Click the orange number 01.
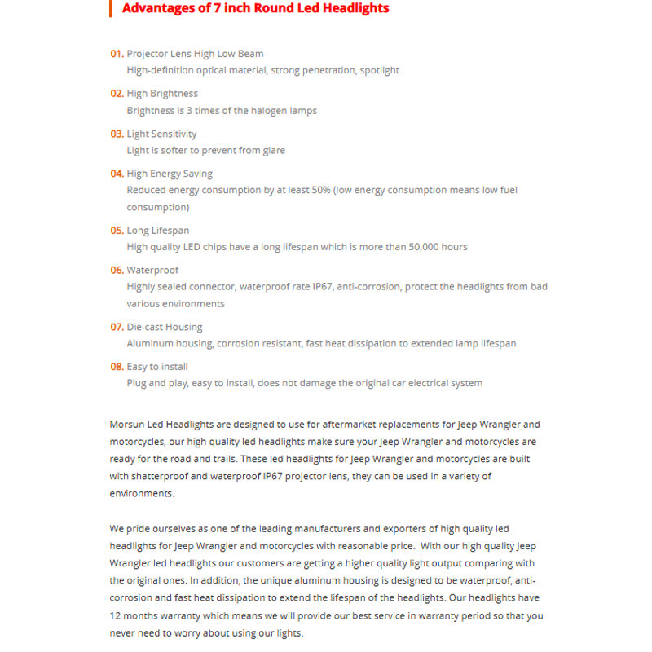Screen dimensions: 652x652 click(x=117, y=54)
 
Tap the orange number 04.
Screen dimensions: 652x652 click(x=117, y=174)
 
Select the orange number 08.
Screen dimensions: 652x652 click(x=117, y=367)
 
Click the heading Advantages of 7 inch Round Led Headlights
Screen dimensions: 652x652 click(x=255, y=8)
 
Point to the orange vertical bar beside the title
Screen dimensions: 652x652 click(x=110, y=8)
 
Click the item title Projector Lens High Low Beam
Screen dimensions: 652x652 click(x=195, y=54)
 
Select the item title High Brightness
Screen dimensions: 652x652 click(x=162, y=94)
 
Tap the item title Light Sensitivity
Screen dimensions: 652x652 click(x=161, y=134)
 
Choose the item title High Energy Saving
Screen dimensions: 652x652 click(x=170, y=174)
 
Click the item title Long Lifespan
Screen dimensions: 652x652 click(x=158, y=231)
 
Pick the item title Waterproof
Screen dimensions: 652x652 click(x=152, y=270)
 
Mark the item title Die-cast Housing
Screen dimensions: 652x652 click(x=165, y=327)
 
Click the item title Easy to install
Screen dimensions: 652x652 click(x=157, y=367)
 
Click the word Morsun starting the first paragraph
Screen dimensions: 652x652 click(x=127, y=425)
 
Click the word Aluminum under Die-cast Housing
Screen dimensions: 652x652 click(x=149, y=344)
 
